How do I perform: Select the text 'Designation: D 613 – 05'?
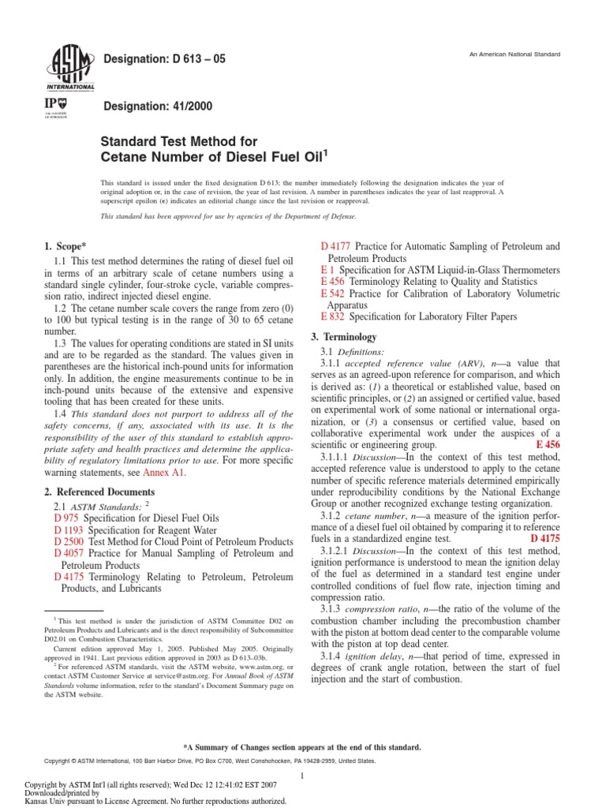[165, 59]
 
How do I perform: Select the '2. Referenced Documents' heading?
[95, 492]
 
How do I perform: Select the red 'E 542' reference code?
[333, 294]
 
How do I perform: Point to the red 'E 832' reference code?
[333, 316]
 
